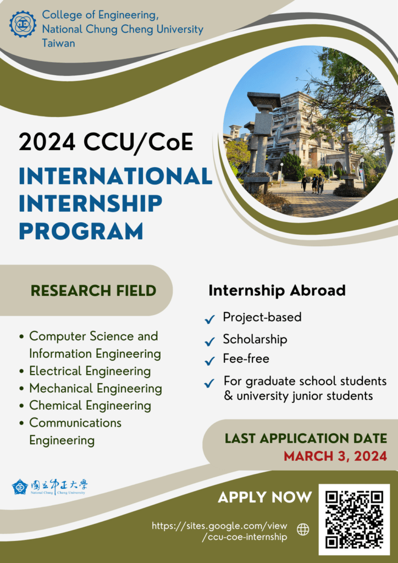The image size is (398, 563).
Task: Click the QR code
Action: point(354,520)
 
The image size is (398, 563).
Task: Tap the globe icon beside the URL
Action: point(303,529)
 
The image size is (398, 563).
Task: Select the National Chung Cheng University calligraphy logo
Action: point(49,487)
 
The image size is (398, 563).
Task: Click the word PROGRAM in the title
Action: point(81,230)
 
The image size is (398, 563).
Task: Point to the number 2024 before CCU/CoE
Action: point(47,142)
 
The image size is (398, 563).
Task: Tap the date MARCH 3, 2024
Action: point(335,456)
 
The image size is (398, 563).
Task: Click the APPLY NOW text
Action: point(265,497)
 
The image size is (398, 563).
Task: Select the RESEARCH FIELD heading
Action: point(93,290)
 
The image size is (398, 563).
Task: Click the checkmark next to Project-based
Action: point(209,319)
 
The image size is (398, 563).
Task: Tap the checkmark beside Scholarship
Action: point(209,341)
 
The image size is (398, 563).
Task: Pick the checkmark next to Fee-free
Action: point(209,361)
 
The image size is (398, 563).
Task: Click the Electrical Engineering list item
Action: point(90,371)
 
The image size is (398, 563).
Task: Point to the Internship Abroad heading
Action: point(277,290)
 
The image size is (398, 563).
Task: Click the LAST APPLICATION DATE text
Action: point(306,438)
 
